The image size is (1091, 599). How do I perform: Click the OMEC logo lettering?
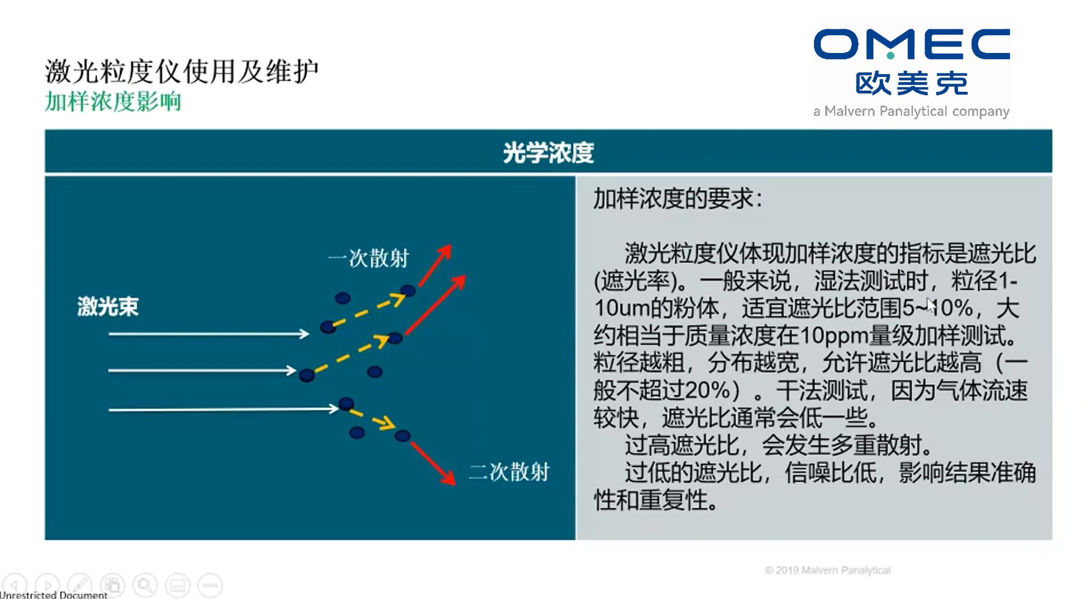click(911, 44)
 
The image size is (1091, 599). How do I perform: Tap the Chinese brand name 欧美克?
click(911, 84)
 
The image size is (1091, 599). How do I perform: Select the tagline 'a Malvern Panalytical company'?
click(911, 112)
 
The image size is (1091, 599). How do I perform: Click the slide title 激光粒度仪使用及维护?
click(182, 71)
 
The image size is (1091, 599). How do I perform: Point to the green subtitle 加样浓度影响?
click(113, 101)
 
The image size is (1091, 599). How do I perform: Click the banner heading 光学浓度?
click(548, 152)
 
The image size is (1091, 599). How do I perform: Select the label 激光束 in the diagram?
click(108, 307)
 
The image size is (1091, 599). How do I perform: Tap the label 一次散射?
click(369, 258)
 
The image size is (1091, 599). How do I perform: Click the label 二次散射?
click(509, 472)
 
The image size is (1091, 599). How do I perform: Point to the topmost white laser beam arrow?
click(209, 334)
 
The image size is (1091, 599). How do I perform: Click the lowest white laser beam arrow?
click(223, 409)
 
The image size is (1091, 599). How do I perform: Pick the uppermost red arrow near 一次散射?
click(435, 265)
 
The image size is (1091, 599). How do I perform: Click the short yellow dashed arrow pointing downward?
click(372, 420)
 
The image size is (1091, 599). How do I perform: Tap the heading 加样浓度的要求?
click(677, 199)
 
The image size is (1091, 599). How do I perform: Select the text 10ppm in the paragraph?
click(834, 336)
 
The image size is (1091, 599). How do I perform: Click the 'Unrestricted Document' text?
click(54, 595)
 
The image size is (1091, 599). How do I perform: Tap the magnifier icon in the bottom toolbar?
click(145, 585)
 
